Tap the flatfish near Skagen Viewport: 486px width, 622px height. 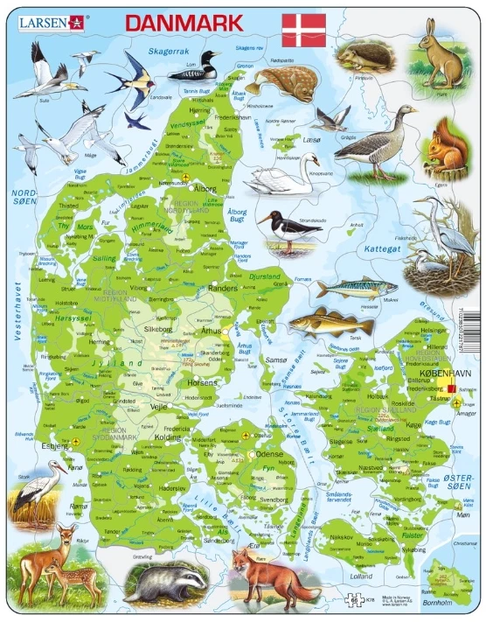click(x=281, y=83)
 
